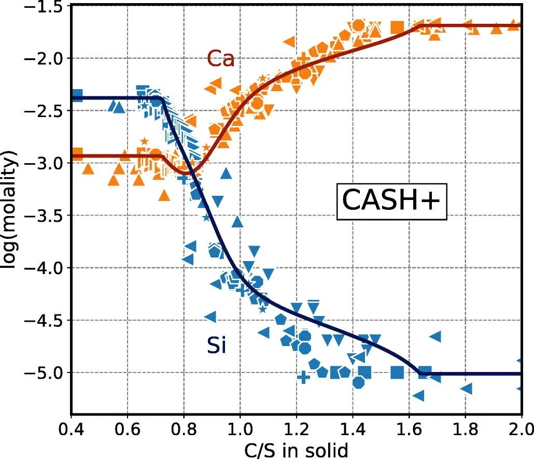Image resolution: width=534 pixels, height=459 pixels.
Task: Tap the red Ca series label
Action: [221, 59]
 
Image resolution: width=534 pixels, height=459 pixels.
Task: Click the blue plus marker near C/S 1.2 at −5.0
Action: [304, 377]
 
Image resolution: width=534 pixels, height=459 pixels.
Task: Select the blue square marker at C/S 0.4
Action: [77, 96]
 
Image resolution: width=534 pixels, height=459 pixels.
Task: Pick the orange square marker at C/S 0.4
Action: [77, 154]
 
